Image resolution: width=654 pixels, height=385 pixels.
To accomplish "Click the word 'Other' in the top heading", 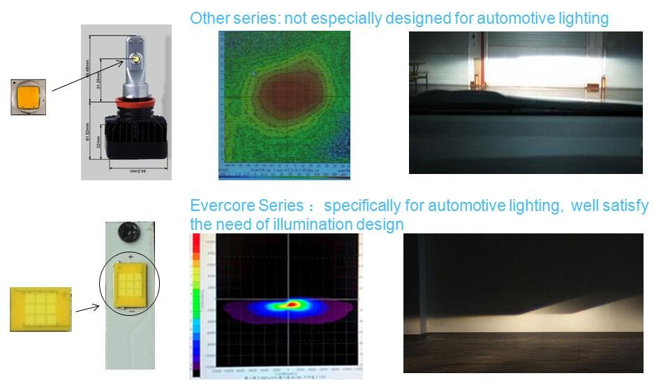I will click(208, 18).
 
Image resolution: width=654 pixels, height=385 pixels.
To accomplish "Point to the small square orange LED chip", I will click(29, 96).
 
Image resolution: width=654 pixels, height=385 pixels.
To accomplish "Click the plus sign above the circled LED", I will click(131, 257).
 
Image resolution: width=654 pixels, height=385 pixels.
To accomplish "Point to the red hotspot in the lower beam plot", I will click(291, 304).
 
